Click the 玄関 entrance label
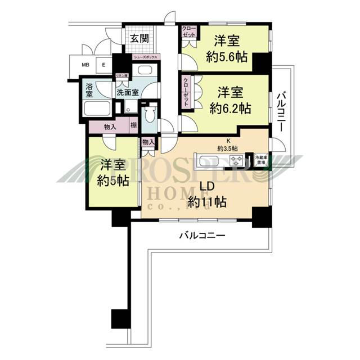click(139, 39)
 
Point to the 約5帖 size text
click(111, 181)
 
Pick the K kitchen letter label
click(227, 141)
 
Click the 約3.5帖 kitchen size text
click(227, 148)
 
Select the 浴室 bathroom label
click(89, 88)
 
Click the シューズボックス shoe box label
click(146, 57)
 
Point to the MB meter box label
click(85, 65)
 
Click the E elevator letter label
click(104, 65)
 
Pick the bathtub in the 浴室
click(97, 109)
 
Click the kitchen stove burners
click(239, 161)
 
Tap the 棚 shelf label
click(133, 127)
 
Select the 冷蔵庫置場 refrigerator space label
click(260, 158)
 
